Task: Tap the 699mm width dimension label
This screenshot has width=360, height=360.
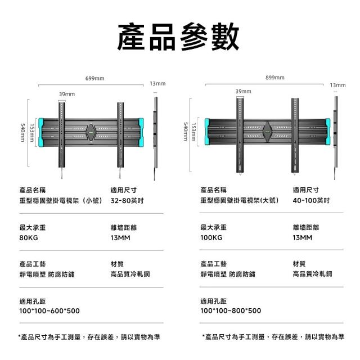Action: point(94,78)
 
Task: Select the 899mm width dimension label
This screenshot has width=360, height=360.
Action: point(274,78)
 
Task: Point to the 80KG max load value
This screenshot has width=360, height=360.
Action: point(28,237)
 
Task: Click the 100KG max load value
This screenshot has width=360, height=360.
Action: point(211,237)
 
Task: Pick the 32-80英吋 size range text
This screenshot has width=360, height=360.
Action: point(127,200)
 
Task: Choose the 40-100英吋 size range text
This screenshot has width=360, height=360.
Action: point(311,200)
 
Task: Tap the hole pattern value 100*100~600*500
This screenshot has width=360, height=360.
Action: point(49,310)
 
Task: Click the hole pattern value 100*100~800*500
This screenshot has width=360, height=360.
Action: point(231,310)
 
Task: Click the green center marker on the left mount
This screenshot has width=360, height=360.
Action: point(91,134)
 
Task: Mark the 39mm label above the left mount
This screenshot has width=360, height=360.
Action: point(67,93)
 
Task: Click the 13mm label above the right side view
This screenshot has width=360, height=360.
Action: point(337,84)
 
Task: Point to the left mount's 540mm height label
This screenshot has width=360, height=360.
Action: point(23,133)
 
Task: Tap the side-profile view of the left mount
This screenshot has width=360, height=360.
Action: point(156,133)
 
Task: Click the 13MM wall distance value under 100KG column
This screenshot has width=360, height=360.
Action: point(302,237)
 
